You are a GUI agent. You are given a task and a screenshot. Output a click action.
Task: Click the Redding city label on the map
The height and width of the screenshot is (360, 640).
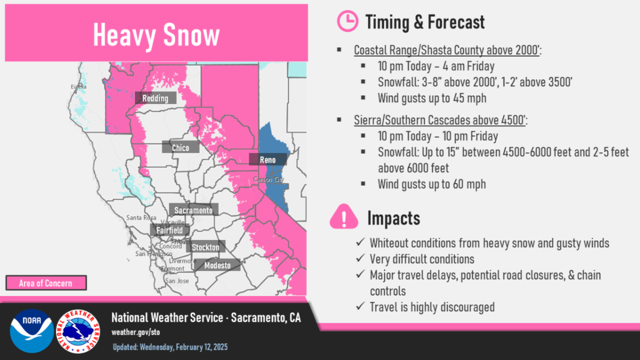(x=155, y=98)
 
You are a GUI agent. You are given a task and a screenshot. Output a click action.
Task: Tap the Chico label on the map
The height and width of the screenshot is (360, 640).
(x=181, y=148)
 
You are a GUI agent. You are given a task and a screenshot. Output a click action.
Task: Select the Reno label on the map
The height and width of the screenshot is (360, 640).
(x=268, y=159)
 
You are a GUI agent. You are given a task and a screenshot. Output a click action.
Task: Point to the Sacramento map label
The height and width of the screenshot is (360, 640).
(x=193, y=210)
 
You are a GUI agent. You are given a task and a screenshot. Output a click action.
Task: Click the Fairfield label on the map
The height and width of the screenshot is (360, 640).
(x=170, y=230)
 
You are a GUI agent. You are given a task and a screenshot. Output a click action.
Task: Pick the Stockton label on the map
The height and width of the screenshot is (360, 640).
(x=205, y=247)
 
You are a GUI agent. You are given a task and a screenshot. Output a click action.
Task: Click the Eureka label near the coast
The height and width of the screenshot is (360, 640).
(x=78, y=86)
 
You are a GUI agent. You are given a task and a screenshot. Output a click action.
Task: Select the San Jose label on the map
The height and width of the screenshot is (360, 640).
(x=176, y=281)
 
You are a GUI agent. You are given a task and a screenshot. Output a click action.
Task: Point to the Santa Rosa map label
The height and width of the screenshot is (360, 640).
(x=141, y=218)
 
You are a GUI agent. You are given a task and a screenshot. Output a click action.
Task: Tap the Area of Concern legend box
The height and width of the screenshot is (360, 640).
(x=45, y=283)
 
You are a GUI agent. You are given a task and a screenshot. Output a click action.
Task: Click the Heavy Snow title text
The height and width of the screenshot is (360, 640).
(x=156, y=35)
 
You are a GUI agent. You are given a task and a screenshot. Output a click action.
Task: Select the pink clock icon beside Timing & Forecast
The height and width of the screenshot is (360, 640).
(x=348, y=21)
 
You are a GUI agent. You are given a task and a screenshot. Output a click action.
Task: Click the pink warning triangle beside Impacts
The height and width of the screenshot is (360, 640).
(x=344, y=217)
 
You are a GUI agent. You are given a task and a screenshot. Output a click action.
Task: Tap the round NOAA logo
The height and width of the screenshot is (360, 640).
(x=31, y=331)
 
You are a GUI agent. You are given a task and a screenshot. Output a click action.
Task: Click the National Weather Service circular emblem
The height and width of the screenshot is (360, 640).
(x=78, y=331)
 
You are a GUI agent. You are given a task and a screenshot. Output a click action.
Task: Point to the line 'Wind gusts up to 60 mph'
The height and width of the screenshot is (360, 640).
(x=431, y=184)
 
